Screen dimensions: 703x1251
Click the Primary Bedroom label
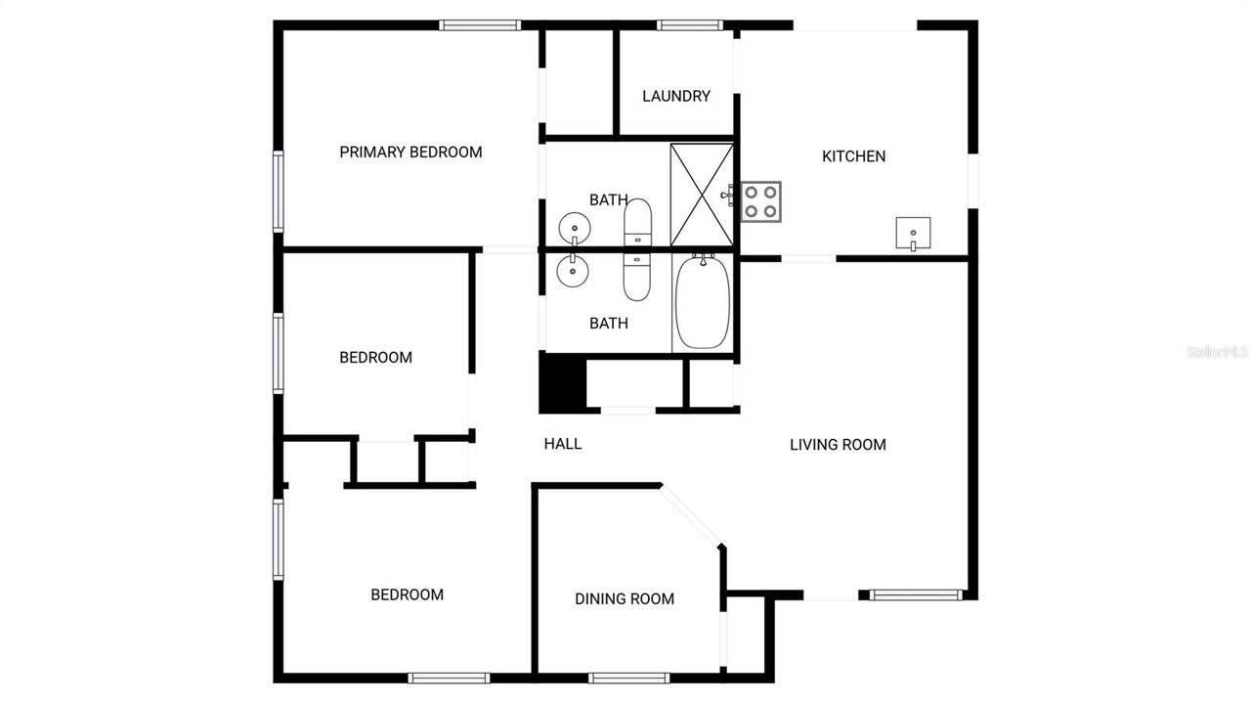point(410,152)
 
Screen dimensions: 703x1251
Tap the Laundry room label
point(675,96)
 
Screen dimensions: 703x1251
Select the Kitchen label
point(853,156)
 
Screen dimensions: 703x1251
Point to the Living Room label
point(838,445)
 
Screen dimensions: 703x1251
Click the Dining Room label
point(624,599)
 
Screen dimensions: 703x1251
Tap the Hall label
point(563,444)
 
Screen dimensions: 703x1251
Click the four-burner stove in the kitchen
point(760,201)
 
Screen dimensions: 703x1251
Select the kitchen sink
point(913,234)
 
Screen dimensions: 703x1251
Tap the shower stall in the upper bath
point(701,194)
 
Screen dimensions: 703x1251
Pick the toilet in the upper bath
point(637,222)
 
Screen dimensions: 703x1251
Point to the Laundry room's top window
point(689,25)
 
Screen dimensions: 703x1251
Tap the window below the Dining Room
point(629,677)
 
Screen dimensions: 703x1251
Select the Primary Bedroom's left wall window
point(278,191)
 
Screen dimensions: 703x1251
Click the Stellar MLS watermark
point(1217,351)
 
